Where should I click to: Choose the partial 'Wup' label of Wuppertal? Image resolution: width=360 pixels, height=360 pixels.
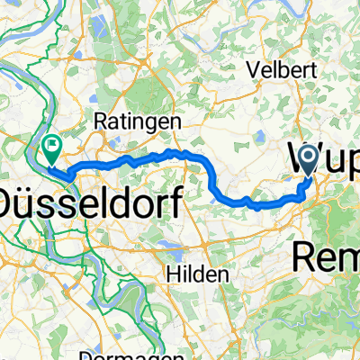coord(324,160)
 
